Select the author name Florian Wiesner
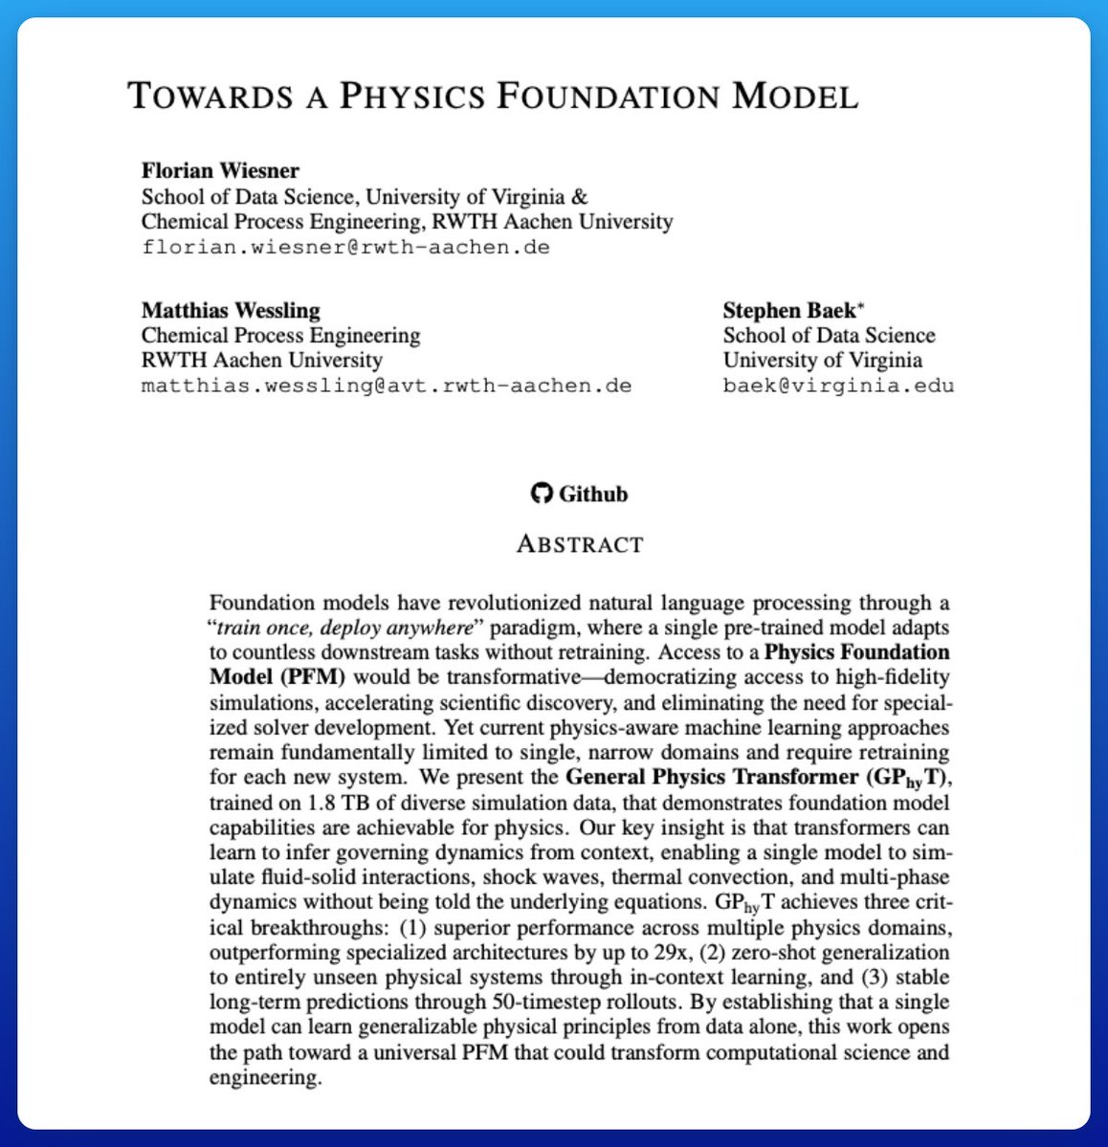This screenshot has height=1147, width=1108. (x=220, y=171)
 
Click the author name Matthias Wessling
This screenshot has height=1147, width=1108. (x=231, y=310)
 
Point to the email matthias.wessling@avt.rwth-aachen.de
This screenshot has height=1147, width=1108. (x=387, y=386)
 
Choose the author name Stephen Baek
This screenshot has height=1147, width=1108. (x=793, y=310)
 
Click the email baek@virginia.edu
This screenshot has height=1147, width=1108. (x=838, y=386)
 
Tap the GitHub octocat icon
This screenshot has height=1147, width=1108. (x=542, y=494)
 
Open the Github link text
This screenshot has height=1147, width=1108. (x=593, y=494)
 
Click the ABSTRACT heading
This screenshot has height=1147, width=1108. (x=580, y=544)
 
